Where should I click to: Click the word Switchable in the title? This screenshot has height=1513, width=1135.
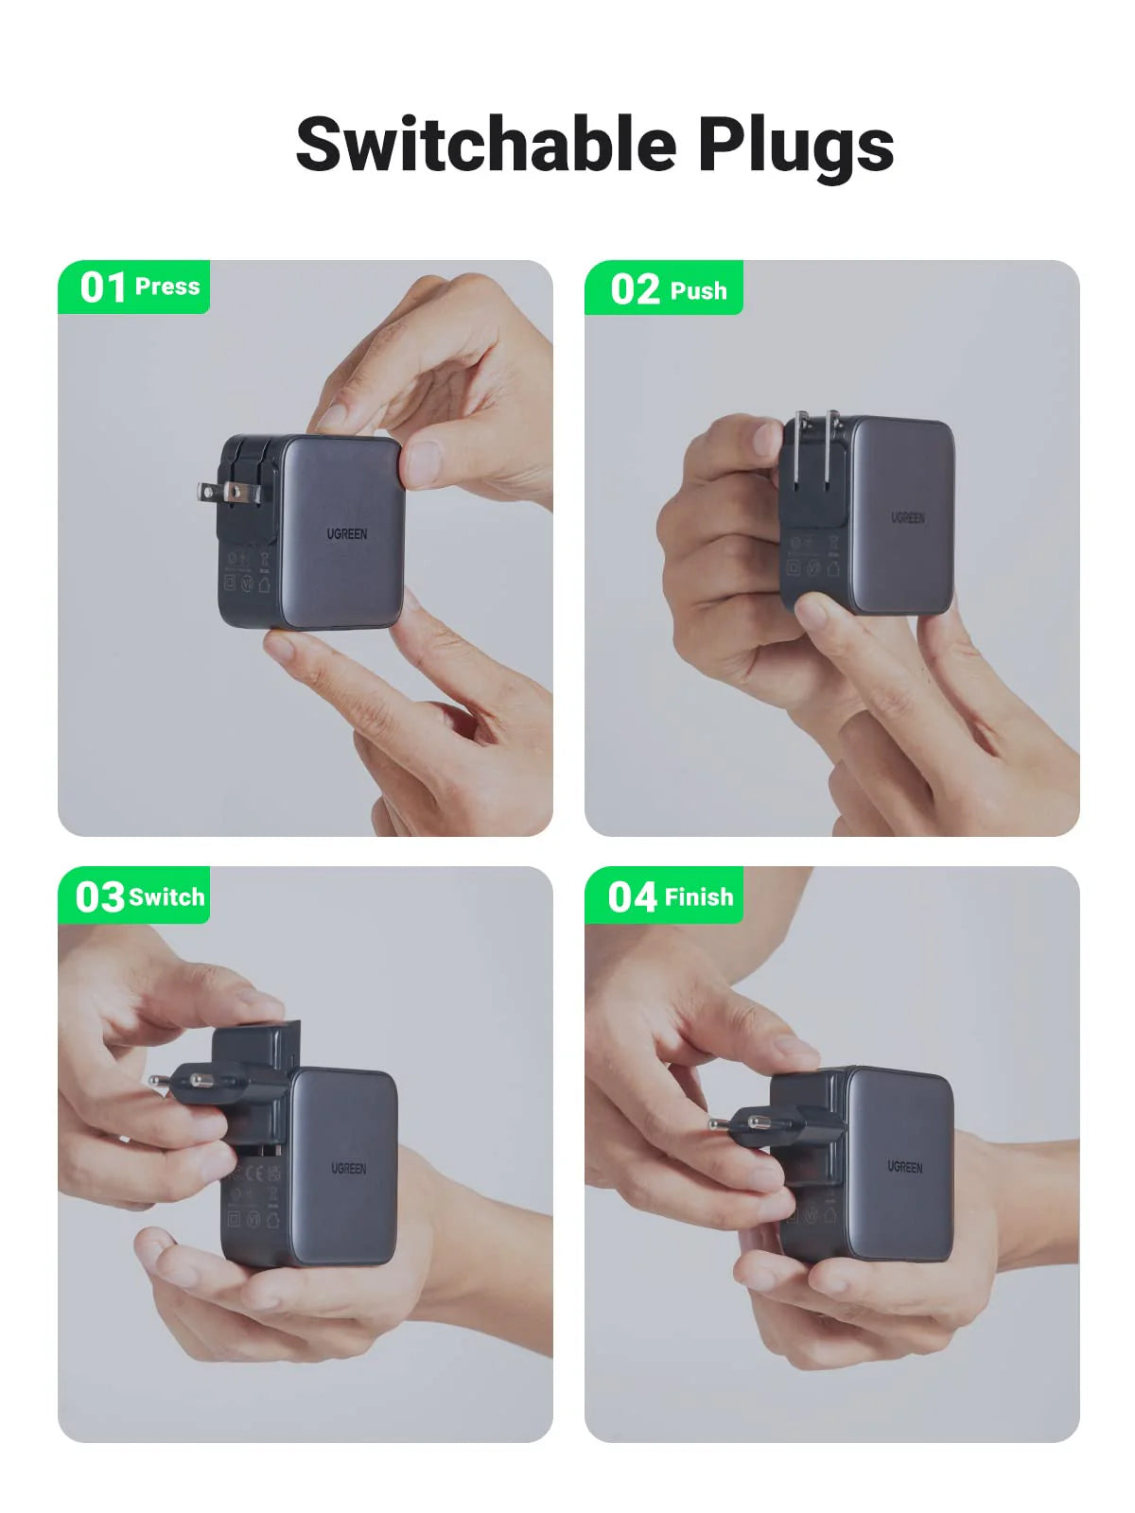point(486,144)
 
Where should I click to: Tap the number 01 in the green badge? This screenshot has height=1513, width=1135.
point(102,287)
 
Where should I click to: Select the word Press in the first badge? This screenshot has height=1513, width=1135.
point(167,287)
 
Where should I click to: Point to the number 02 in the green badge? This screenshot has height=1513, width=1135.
point(635,289)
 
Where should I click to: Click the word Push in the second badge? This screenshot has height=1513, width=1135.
point(698,291)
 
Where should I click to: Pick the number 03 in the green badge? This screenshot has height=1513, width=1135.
point(99,896)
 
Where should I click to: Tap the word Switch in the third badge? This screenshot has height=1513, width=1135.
point(166,897)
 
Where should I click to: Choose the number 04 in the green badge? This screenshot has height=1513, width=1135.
point(632,896)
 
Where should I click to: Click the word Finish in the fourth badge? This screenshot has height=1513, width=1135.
point(699,897)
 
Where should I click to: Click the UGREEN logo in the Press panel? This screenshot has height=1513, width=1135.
point(347,534)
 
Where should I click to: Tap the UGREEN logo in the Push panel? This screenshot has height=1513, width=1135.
point(907,518)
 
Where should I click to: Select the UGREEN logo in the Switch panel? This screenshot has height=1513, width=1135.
point(348,1169)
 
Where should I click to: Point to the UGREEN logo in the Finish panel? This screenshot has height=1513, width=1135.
point(904,1168)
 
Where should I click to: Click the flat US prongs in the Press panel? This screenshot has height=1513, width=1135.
point(219,492)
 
